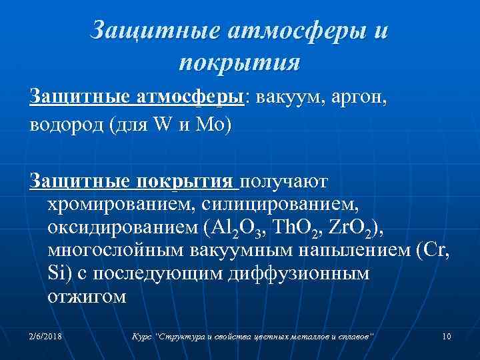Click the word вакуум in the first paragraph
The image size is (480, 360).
285,99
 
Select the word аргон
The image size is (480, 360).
357,99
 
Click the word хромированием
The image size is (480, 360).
112,204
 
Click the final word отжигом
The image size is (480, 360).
87,295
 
